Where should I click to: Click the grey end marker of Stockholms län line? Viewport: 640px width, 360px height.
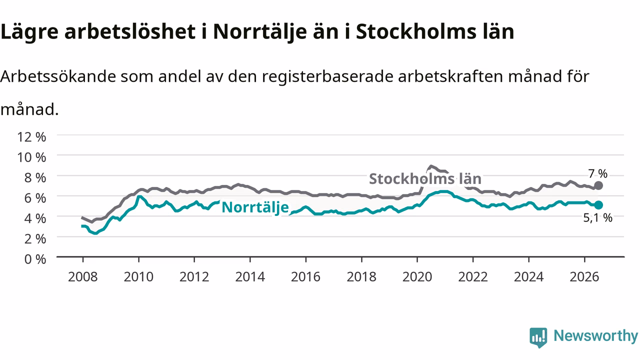(x=598, y=185)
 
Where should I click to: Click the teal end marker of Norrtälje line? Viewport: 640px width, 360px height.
(x=598, y=205)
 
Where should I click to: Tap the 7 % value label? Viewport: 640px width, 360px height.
(x=597, y=173)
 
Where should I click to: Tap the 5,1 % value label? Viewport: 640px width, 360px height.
(x=597, y=217)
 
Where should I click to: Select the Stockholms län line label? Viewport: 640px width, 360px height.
(x=425, y=179)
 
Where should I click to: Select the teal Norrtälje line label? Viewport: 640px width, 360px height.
(x=255, y=207)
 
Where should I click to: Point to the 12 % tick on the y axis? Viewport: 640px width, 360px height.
(x=31, y=137)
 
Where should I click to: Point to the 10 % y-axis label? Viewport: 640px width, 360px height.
(x=31, y=157)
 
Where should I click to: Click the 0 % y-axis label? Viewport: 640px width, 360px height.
(x=35, y=259)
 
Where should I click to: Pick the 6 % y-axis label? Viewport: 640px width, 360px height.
(x=35, y=198)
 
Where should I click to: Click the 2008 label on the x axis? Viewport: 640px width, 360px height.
(x=82, y=277)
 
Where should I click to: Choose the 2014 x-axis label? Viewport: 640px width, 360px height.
(x=250, y=277)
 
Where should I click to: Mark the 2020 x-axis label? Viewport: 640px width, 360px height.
(x=417, y=277)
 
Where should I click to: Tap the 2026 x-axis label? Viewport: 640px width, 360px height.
(x=584, y=277)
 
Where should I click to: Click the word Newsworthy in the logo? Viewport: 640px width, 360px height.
(x=595, y=336)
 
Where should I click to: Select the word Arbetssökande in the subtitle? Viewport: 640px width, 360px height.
(x=58, y=76)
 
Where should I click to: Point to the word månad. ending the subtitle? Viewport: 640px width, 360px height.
(x=29, y=109)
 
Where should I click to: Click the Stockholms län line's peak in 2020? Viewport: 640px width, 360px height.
(x=431, y=166)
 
